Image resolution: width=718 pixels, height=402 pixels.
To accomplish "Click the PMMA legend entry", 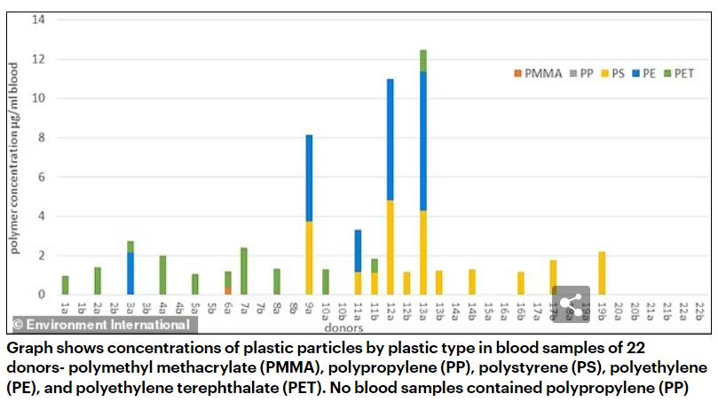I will pos(542,74).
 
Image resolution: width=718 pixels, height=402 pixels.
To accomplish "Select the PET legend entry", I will pos(682,74).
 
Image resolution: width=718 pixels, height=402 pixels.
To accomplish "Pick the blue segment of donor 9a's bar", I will pos(309,177).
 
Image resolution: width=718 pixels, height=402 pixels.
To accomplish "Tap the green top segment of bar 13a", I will pos(423,60).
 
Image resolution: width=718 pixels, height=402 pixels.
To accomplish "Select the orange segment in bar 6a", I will pos(227,289).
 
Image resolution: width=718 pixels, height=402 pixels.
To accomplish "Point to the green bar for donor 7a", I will pos(244,271).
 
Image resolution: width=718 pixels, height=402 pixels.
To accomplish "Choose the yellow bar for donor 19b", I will pos(603,273).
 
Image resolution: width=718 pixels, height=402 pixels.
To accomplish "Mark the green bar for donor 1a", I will pos(65,285).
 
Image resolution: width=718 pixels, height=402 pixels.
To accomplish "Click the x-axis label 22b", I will pos(699,310).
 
